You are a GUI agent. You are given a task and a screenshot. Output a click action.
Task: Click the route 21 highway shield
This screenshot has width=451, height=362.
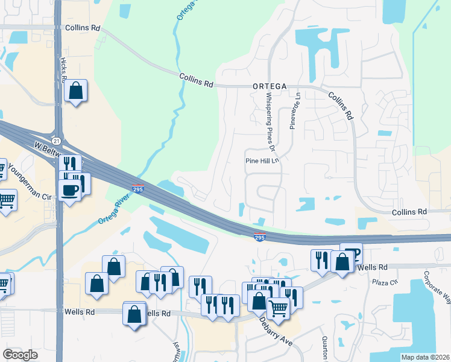(x=55, y=140)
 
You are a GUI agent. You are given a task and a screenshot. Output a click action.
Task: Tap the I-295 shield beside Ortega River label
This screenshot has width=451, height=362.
(x=137, y=189)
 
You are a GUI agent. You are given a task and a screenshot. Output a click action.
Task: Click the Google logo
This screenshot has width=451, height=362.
(x=21, y=355)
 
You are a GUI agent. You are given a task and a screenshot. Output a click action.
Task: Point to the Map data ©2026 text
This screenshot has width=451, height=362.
(x=424, y=357)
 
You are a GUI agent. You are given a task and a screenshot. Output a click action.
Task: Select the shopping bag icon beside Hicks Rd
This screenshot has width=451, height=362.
(x=76, y=92)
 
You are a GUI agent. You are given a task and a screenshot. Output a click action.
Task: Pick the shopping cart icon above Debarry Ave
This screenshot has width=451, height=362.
(x=278, y=308)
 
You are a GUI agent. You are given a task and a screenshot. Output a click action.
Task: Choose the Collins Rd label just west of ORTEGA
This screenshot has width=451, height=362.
(x=197, y=80)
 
